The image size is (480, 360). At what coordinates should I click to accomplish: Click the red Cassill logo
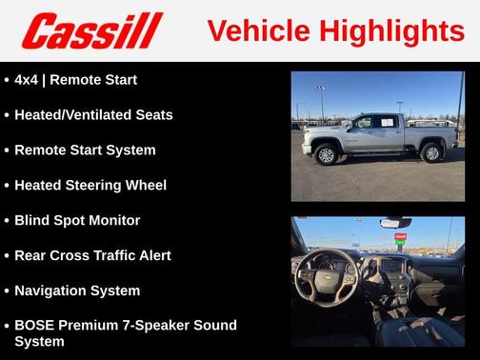pos(91,30)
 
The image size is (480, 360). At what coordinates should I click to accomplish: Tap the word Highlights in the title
pos(390,30)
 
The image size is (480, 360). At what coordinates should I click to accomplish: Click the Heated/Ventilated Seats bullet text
pos(93,115)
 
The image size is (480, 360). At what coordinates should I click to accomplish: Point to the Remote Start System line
pos(85,150)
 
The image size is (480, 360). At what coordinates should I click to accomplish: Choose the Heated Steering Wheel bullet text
pos(90,186)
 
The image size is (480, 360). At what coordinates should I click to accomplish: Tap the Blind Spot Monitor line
pos(77,221)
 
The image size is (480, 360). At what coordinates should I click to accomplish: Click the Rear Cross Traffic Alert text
pos(92,255)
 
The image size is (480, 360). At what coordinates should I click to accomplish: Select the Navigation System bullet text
pos(77,290)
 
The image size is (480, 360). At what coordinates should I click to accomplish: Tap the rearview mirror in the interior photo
pos(395,223)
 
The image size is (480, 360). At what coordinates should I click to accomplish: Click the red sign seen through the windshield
pos(400,235)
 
